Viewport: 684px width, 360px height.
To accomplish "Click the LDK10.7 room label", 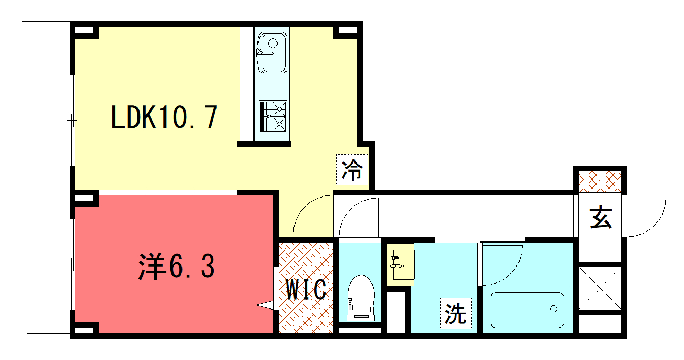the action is coord(164,117).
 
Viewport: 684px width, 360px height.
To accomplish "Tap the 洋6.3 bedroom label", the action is coord(177,267).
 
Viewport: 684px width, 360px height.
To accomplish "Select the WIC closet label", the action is coord(306,289).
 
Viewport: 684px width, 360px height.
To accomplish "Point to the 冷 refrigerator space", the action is coord(352,169).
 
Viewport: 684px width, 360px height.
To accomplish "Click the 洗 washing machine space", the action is coord(456,314).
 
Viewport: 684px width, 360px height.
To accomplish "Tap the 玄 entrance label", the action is coord(601,218).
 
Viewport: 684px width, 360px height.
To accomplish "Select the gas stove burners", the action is coord(273,117).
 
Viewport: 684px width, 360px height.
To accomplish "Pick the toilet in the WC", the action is coord(361,298).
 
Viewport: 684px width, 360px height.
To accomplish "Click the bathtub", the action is coord(527,310).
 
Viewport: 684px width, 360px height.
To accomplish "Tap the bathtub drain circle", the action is coord(553,309).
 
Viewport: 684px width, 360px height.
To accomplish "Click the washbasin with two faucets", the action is coord(401,264).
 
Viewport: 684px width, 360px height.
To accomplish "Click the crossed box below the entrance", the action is coord(600,288).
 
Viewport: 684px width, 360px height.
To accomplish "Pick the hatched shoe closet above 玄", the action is coord(600,182).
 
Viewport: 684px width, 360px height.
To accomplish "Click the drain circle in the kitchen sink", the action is coord(273,43).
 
